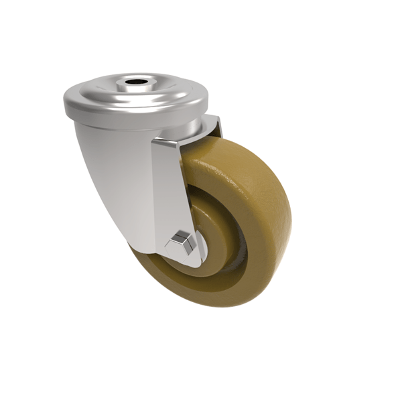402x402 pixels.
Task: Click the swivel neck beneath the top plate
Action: pos(194,127)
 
